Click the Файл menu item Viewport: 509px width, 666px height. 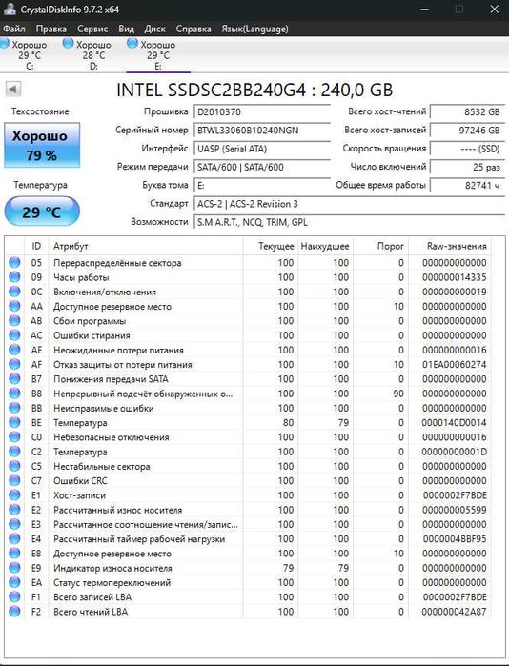tap(13, 29)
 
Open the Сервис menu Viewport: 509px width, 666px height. tap(92, 29)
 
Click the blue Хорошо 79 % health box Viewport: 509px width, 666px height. tap(40, 146)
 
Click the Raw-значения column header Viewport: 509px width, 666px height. tap(456, 246)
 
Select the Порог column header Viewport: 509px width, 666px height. tap(390, 246)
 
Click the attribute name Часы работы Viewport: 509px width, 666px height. tap(81, 277)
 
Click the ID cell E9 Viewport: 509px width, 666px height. tap(37, 568)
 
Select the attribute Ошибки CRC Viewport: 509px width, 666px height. tap(81, 481)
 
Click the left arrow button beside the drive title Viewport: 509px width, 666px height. tap(13, 89)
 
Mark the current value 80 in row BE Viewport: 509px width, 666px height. tap(285, 422)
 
